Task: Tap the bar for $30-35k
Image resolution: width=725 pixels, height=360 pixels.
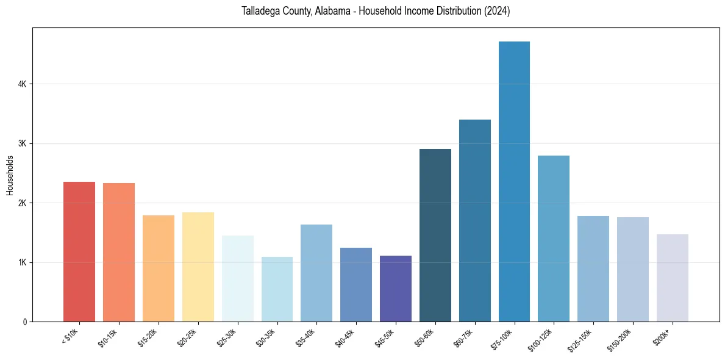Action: (x=277, y=289)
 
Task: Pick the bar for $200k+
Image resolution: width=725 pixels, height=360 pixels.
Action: (x=672, y=278)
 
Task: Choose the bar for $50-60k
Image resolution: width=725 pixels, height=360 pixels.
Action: (x=435, y=235)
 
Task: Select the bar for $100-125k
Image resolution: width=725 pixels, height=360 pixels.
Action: (x=554, y=239)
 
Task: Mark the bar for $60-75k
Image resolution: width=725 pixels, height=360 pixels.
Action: (x=475, y=220)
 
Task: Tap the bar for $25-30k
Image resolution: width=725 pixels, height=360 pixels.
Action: (x=238, y=278)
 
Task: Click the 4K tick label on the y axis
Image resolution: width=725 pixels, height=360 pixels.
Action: (x=22, y=84)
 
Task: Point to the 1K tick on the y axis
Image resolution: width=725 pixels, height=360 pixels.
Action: (x=22, y=262)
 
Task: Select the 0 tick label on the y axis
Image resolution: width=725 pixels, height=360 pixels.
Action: (x=24, y=322)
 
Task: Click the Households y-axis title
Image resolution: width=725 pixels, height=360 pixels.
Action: (x=10, y=175)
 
